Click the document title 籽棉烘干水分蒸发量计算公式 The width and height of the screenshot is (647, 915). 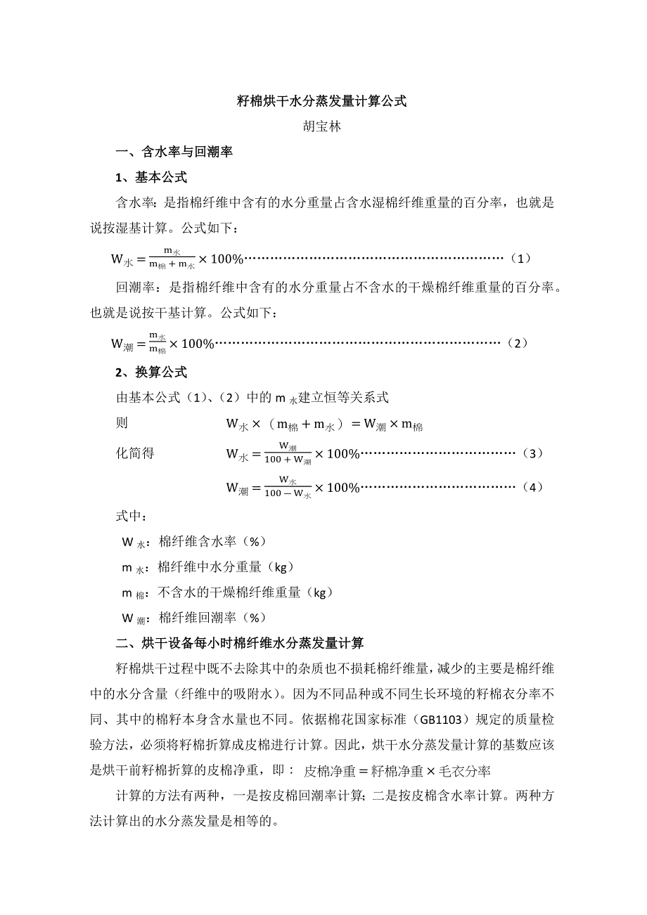322,101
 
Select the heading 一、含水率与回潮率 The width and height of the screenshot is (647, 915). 174,152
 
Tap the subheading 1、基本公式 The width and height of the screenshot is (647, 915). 151,177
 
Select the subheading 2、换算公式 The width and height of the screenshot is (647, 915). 151,372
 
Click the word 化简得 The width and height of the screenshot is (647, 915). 134,453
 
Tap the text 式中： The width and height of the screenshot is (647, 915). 131,516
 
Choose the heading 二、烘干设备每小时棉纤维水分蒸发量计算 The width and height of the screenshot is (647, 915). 240,642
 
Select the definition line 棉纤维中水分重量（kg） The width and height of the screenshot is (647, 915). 226,567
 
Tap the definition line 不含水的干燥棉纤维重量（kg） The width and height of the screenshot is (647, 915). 245,592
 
